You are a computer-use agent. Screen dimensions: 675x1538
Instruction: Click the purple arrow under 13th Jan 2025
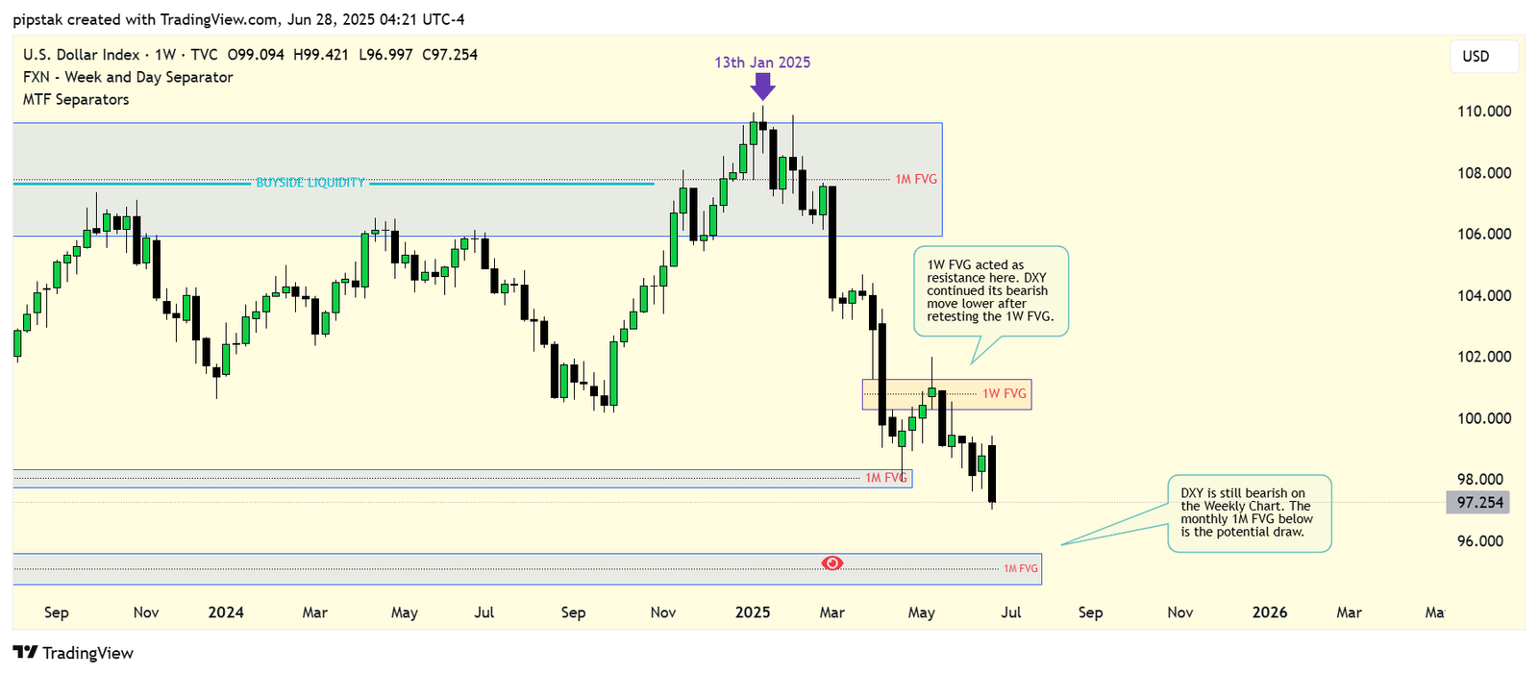tap(762, 87)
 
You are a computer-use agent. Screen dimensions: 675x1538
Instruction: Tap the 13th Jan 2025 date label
tap(762, 62)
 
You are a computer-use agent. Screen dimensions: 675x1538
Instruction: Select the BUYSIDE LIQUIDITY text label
tap(310, 183)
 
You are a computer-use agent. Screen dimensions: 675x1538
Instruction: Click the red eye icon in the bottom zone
tap(832, 562)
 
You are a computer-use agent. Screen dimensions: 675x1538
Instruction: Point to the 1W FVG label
tap(1005, 393)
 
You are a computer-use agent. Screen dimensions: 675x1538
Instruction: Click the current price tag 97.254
tap(1478, 502)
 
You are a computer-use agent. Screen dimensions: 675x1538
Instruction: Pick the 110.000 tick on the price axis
tap(1484, 112)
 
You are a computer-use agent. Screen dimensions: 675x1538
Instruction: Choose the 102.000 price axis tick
tap(1484, 357)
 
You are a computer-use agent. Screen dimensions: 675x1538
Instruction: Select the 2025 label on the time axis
tap(753, 612)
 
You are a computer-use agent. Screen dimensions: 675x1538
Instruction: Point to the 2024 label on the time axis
tap(226, 612)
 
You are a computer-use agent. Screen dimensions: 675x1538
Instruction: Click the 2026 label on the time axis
tap(1270, 612)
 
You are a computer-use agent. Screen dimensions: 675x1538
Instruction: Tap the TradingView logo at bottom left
tap(73, 653)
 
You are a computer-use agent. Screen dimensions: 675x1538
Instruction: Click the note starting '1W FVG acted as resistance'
tap(990, 290)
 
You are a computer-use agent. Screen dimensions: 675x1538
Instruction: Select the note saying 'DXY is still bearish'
tap(1248, 512)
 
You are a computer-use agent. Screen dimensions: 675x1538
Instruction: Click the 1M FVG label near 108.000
tap(916, 180)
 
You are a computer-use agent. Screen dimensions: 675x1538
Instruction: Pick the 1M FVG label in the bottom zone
tap(1021, 568)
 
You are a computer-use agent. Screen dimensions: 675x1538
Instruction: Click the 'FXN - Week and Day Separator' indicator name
tap(128, 77)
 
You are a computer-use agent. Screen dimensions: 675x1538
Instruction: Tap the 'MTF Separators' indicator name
tap(76, 99)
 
